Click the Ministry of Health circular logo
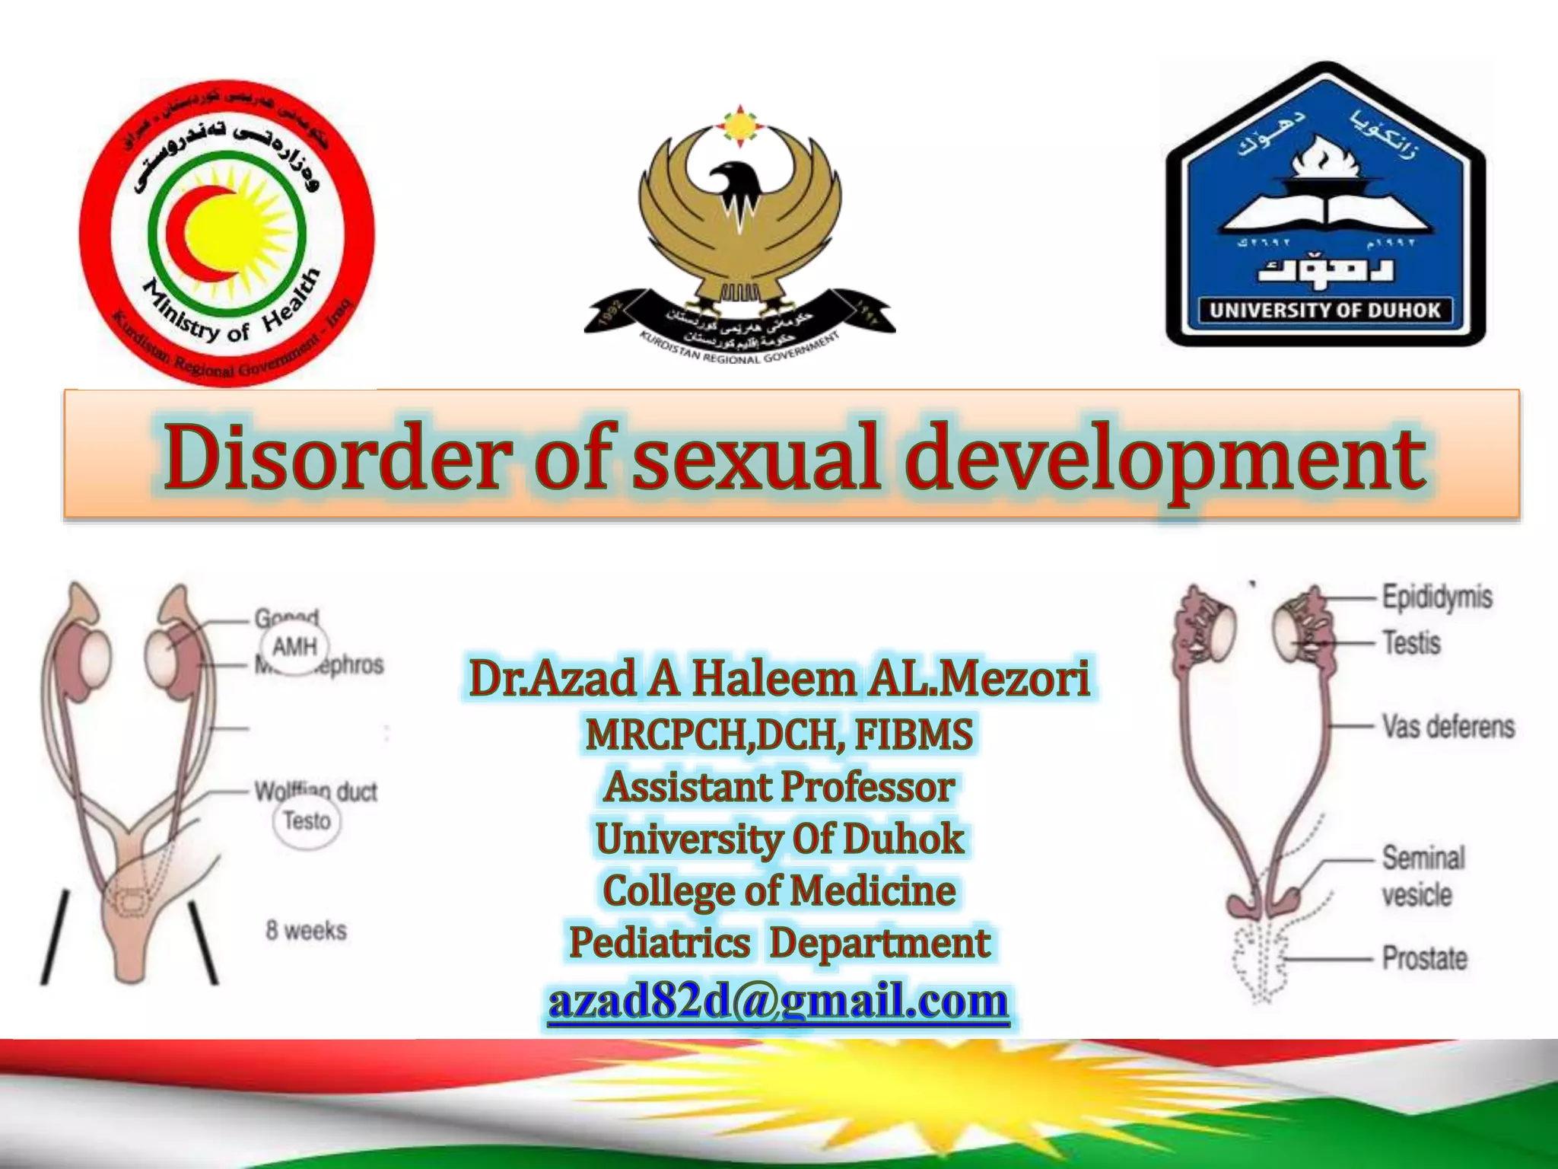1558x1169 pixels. click(227, 232)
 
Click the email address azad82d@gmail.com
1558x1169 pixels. click(778, 1000)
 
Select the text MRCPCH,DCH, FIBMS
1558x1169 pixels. click(779, 734)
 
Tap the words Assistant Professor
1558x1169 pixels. click(779, 786)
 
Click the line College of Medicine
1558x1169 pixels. click(779, 890)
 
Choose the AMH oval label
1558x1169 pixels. click(294, 647)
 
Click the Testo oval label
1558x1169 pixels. click(307, 820)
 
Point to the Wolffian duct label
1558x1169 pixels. click(316, 791)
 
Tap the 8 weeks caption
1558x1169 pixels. click(306, 930)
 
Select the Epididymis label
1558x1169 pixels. click(1436, 597)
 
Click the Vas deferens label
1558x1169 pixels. click(1448, 726)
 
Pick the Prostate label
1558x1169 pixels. click(1424, 957)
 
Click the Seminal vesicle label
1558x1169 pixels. click(1423, 876)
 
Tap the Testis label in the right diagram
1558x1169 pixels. click(1411, 643)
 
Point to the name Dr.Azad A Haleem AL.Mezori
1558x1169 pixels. click(779, 678)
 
